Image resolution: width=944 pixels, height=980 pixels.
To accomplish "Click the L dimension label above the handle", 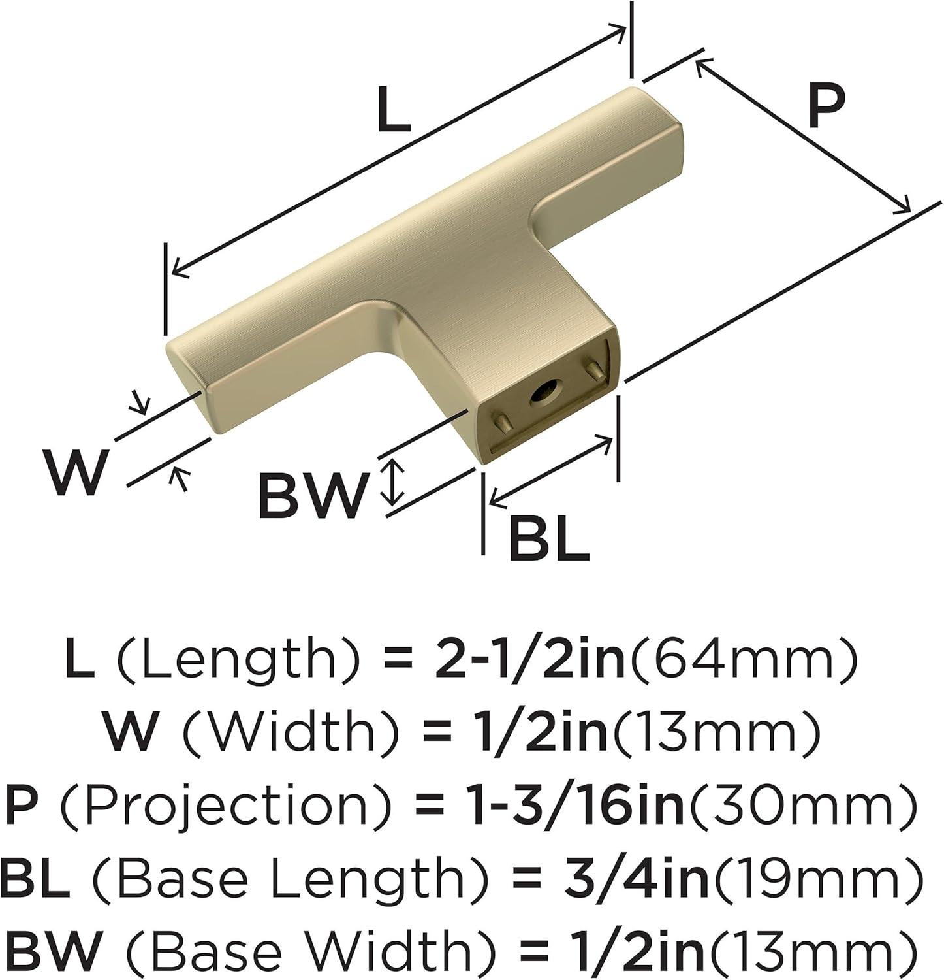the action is (394, 109).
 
